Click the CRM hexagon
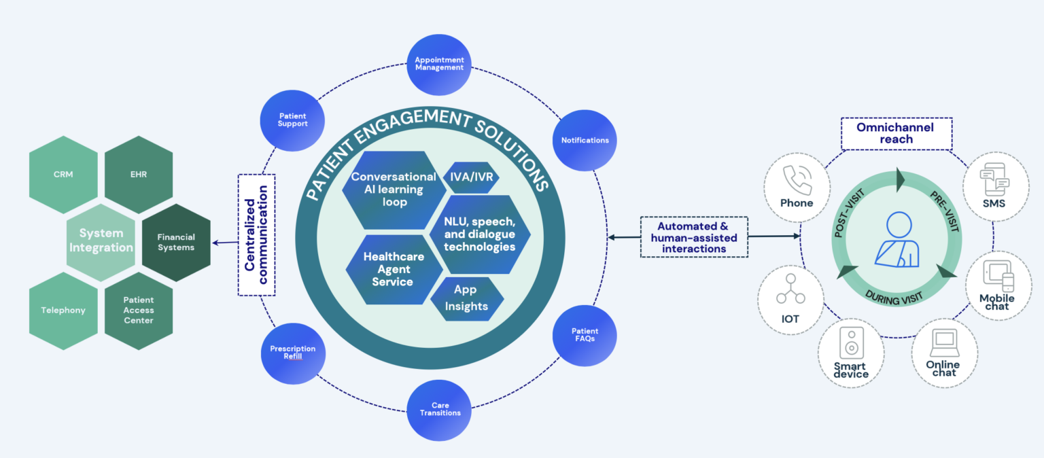[63, 175]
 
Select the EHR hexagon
[138, 175]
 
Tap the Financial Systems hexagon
[176, 243]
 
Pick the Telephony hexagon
[63, 311]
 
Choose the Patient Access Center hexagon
[138, 311]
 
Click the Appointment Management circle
[439, 64]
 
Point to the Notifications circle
[585, 141]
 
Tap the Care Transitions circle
[440, 408]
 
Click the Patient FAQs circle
[585, 335]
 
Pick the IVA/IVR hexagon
[471, 178]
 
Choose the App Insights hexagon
[466, 298]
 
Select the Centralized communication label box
[256, 234]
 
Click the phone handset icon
[796, 179]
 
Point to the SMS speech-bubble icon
[994, 179]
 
